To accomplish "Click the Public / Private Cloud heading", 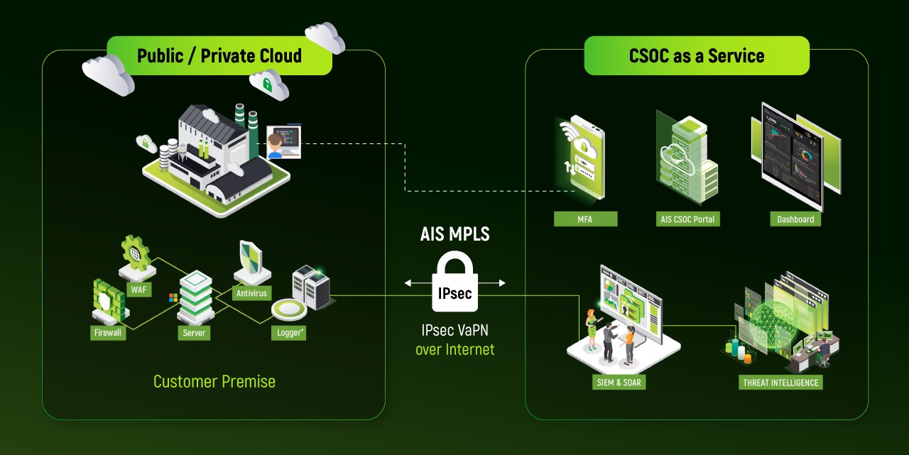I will click(x=219, y=56).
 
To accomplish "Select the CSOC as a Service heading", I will click(x=696, y=56).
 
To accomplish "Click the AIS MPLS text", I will click(x=454, y=234).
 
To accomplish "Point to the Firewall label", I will click(x=109, y=332).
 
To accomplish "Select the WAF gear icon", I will click(x=136, y=254).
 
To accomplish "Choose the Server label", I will click(x=194, y=332).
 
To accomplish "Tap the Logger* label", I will click(x=288, y=332).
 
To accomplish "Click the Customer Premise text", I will click(x=214, y=381).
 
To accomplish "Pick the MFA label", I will click(x=585, y=219).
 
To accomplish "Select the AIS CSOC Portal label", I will click(x=686, y=219).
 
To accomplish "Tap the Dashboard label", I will click(x=795, y=219).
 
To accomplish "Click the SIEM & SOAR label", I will click(x=619, y=383).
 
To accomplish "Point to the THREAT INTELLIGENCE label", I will click(x=780, y=383).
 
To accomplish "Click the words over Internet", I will click(x=454, y=349).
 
